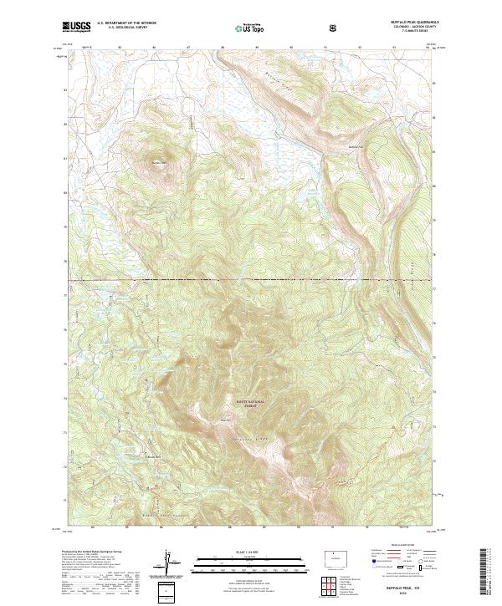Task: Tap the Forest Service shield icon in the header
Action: pyautogui.click(x=335, y=27)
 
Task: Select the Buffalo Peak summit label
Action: pyautogui.click(x=158, y=162)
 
